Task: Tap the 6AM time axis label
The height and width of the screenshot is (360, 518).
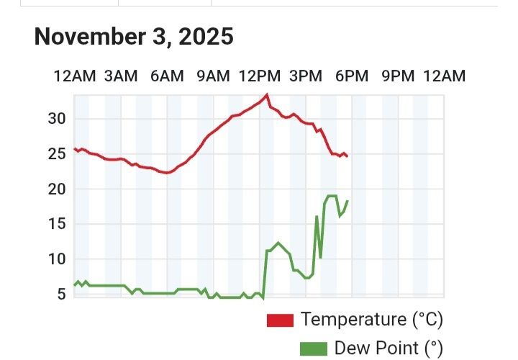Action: (166, 76)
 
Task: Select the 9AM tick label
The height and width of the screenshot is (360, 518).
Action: (213, 76)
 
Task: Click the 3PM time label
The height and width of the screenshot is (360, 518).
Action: (305, 76)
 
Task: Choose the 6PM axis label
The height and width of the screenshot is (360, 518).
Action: (351, 76)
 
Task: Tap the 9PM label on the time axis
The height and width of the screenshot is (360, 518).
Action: (397, 76)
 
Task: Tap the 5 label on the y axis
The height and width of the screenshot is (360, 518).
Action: (62, 294)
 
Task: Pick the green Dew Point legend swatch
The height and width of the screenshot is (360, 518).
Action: (313, 349)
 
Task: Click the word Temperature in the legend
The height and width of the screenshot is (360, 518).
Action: (353, 319)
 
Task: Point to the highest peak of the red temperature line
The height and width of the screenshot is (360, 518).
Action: (267, 95)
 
